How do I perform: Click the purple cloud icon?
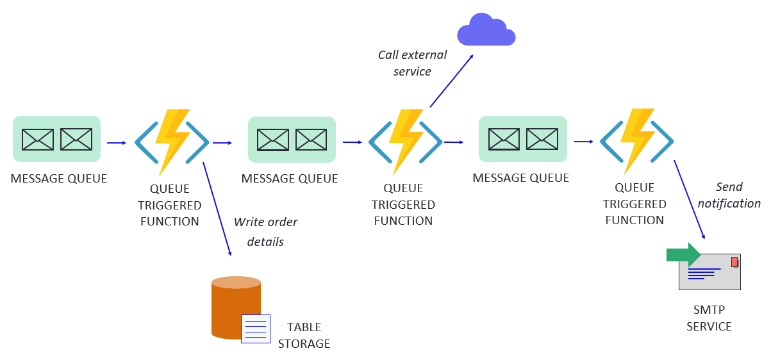tap(486, 30)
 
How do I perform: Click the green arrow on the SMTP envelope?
tap(684, 254)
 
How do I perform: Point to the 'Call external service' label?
tap(412, 63)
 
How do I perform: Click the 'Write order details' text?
tap(265, 232)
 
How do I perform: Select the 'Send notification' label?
tap(729, 195)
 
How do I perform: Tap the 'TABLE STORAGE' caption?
tap(304, 336)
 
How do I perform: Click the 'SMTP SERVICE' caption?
tap(709, 318)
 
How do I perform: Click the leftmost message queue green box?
tap(57, 139)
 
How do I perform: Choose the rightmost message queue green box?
tap(523, 139)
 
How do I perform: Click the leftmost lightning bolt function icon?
tap(172, 142)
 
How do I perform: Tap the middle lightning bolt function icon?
tap(405, 142)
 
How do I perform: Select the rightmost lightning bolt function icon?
tap(636, 142)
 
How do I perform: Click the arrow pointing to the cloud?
tap(451, 81)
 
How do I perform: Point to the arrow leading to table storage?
tap(217, 209)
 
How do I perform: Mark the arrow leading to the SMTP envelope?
tap(690, 199)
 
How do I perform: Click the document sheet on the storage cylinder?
tap(255, 329)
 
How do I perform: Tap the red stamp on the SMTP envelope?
tap(734, 261)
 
